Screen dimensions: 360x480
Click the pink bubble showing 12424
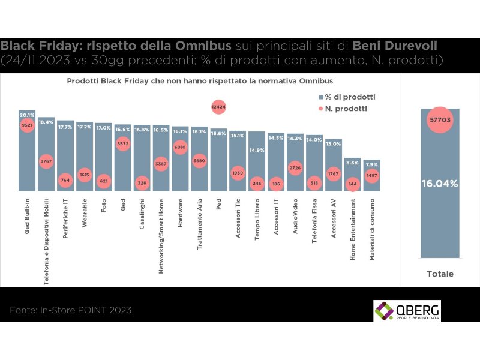[218, 107]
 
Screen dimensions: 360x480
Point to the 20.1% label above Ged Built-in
[27, 115]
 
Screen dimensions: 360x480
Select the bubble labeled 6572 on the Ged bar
[122, 144]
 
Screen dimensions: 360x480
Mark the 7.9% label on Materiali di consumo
[371, 164]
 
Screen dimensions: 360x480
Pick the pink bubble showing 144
[352, 184]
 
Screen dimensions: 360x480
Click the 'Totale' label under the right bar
[440, 274]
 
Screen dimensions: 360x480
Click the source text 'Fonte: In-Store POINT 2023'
[70, 311]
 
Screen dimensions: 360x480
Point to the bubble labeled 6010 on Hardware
[179, 146]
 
